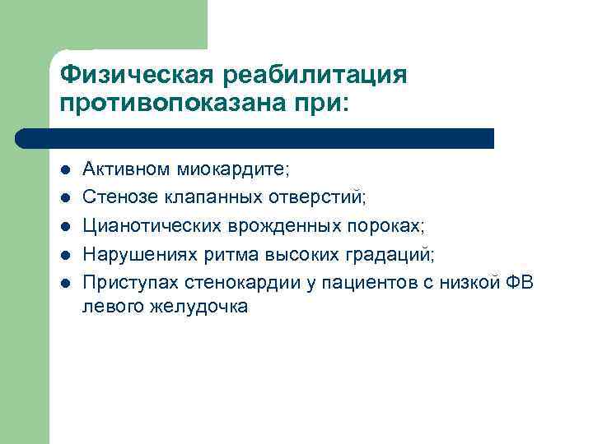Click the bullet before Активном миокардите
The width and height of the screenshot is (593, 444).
tap(65, 170)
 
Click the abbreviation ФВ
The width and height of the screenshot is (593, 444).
tap(516, 282)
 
